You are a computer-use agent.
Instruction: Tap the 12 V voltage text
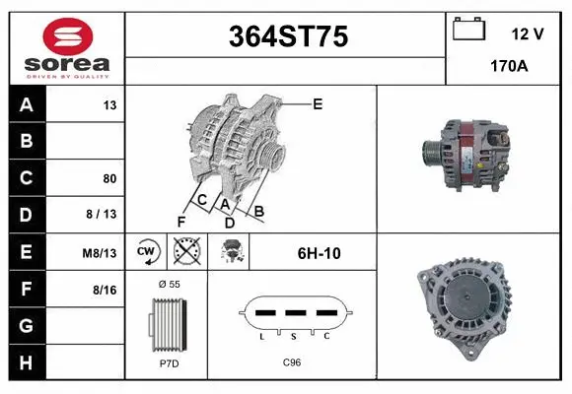point(528,33)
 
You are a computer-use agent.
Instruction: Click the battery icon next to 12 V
point(469,31)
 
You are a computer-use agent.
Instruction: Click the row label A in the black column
point(27,104)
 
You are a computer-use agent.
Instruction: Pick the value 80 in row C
point(109,179)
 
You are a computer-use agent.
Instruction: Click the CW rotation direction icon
point(147,253)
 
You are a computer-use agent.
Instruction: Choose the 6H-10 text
point(319,253)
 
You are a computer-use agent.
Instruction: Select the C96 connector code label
point(292,362)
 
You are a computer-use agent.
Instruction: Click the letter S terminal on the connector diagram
point(293,336)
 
